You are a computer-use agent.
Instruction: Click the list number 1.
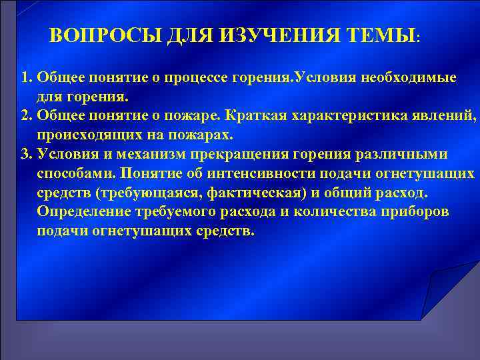point(25,77)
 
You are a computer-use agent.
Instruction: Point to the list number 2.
point(25,116)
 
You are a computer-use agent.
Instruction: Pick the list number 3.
point(25,155)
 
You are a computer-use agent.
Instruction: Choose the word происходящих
point(82,135)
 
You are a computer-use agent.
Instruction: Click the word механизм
point(163,155)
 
